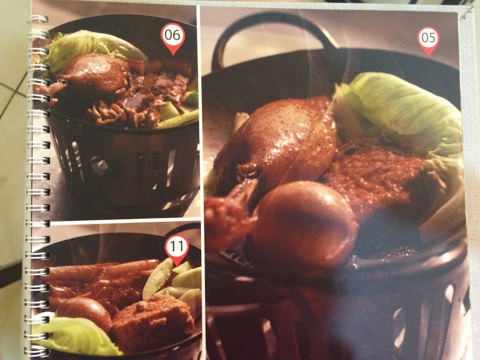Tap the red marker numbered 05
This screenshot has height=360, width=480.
click(x=428, y=40)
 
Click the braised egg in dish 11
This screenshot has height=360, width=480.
click(x=84, y=314)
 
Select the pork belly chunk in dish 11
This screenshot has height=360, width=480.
click(x=152, y=325)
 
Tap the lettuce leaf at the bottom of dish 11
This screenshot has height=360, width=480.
click(x=77, y=335)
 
